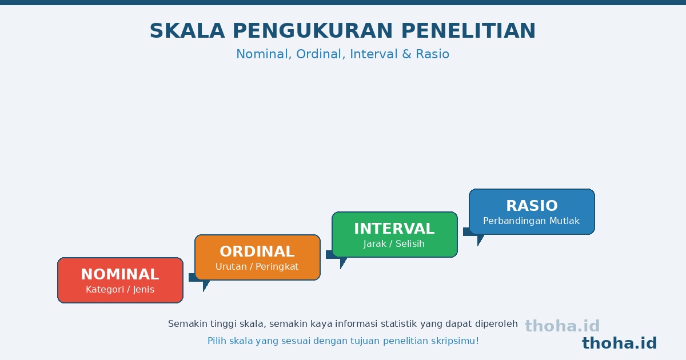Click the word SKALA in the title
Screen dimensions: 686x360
click(x=187, y=31)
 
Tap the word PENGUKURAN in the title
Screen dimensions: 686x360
click(x=313, y=31)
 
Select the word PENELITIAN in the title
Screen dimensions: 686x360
click(x=468, y=31)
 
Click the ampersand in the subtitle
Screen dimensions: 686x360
click(x=406, y=54)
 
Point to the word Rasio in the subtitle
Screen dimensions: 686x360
click(x=432, y=54)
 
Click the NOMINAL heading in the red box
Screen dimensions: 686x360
click(x=120, y=274)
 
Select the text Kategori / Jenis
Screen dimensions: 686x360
click(x=120, y=290)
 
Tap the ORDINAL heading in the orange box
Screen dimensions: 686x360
click(x=257, y=251)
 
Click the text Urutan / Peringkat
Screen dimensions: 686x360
click(x=257, y=267)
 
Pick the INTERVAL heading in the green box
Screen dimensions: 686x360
click(x=394, y=229)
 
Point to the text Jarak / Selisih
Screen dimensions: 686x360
click(x=394, y=243)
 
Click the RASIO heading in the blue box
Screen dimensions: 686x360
click(x=532, y=206)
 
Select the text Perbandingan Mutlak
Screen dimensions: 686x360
click(x=531, y=221)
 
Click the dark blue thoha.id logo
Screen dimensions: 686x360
click(x=619, y=343)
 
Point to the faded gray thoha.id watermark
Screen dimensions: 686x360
click(x=563, y=326)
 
